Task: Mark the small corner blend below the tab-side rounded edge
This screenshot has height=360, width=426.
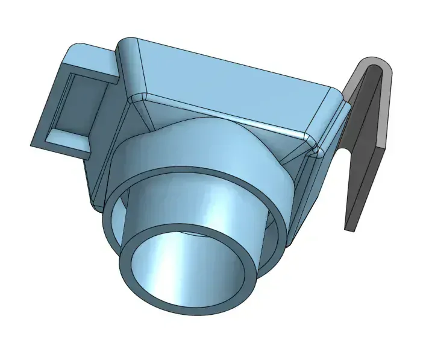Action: [x=138, y=98]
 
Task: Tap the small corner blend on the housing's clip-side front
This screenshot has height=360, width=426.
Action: [x=310, y=142]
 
